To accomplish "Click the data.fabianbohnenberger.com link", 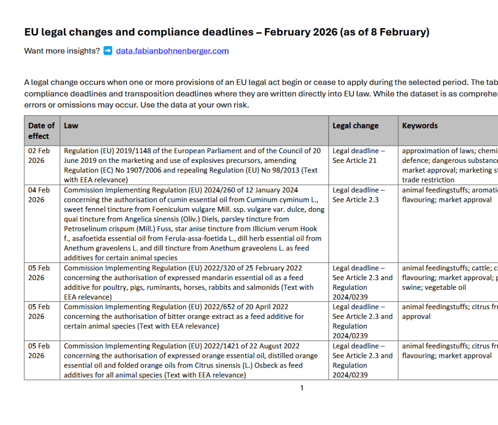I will tap(172, 51).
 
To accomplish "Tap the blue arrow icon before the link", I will tap(108, 51).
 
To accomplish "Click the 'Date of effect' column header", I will tap(41, 130).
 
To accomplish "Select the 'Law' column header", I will tap(71, 125).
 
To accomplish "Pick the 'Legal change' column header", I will tap(355, 125).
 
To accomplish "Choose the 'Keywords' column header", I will tap(420, 125).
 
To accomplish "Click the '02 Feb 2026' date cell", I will tap(39, 155).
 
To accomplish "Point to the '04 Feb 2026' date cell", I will tap(39, 195).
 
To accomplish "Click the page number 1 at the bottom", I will tap(302, 388).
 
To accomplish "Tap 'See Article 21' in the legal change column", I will tap(354, 160).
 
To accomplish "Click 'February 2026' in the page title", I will tap(301, 33).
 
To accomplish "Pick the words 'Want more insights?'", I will tap(62, 51).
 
